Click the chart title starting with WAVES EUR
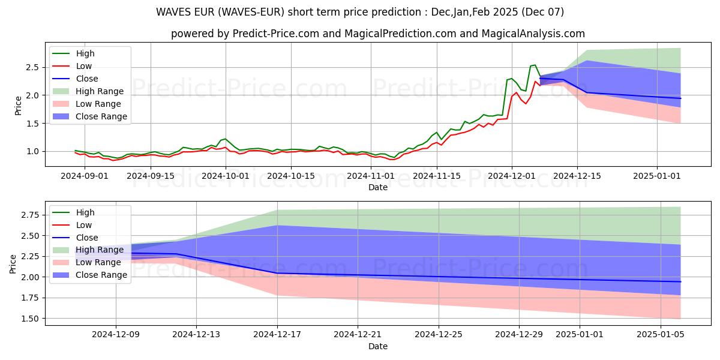360,12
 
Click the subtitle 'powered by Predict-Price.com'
378,34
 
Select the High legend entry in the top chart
85,53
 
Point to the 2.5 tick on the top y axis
32,67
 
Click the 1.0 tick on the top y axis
32,151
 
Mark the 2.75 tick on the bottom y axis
29,215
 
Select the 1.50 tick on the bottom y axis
29,319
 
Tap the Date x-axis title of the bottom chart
377,346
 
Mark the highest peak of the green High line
535,65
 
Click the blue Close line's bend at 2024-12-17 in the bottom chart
277,273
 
